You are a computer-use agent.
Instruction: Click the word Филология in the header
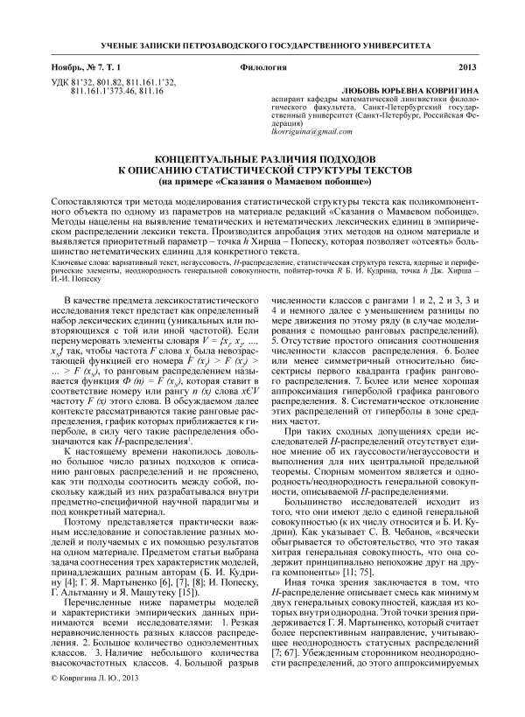point(262,67)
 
